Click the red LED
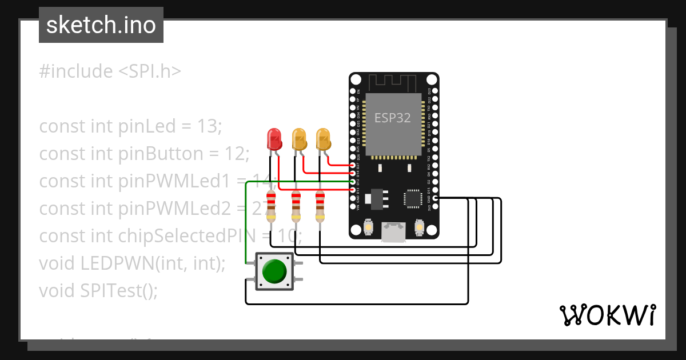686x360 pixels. [x=274, y=138]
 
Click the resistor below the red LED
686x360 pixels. [x=271, y=206]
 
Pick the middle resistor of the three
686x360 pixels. [x=296, y=206]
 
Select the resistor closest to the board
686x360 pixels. [x=320, y=206]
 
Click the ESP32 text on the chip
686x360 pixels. [x=392, y=118]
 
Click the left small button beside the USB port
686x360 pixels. [x=369, y=228]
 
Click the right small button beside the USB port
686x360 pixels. [x=419, y=228]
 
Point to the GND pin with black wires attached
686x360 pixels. [x=435, y=198]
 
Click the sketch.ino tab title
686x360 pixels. [x=101, y=25]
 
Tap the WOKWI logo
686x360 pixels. [x=607, y=314]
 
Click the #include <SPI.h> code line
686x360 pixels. [x=110, y=71]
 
